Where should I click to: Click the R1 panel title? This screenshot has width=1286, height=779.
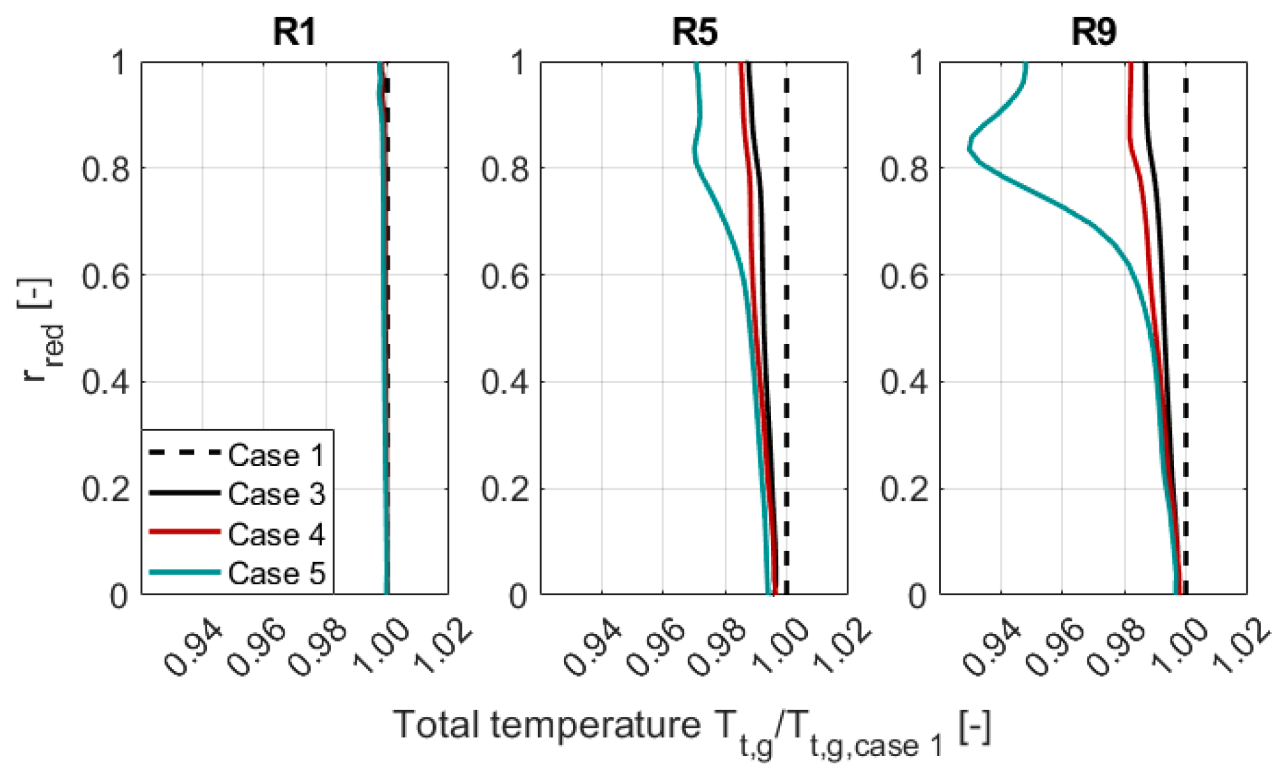pyautogui.click(x=294, y=32)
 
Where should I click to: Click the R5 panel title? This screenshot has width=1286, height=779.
pyautogui.click(x=694, y=32)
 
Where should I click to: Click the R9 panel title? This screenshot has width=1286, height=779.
pyautogui.click(x=1093, y=32)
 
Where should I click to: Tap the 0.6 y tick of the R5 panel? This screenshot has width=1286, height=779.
pyautogui.click(x=505, y=276)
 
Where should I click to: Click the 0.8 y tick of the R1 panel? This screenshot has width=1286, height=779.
pyautogui.click(x=106, y=169)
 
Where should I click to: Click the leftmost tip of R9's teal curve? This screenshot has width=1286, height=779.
pyautogui.click(x=969, y=148)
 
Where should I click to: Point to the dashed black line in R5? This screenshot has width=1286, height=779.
pyautogui.click(x=786, y=330)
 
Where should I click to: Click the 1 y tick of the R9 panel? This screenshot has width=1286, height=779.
pyautogui.click(x=917, y=63)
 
